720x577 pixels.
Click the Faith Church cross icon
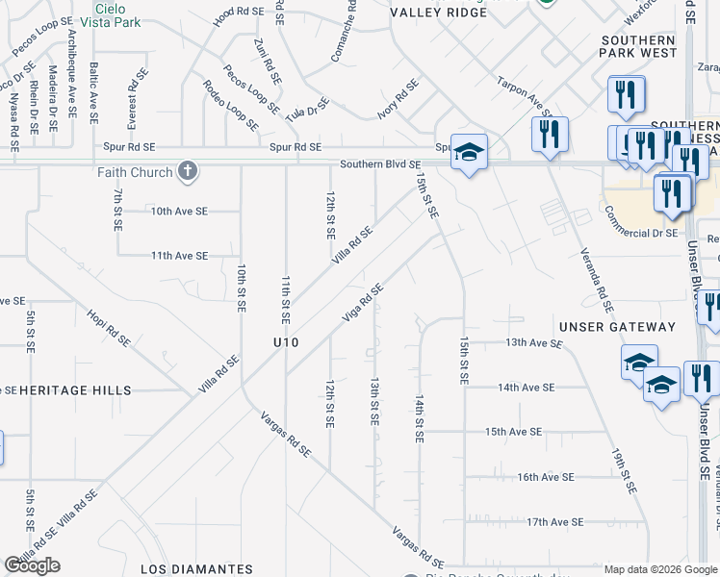click(x=188, y=172)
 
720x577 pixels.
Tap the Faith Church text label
click(x=135, y=173)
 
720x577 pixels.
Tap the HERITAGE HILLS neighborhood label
click(x=67, y=389)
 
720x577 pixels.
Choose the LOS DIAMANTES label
click(x=196, y=568)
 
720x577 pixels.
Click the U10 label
click(x=286, y=342)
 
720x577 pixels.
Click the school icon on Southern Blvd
click(x=469, y=153)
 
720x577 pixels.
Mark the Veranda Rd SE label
click(x=597, y=280)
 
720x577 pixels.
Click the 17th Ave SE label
click(x=554, y=522)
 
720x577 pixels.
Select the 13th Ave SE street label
click(x=533, y=342)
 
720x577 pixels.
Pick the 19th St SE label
click(x=625, y=470)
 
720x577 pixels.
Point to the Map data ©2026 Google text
click(x=659, y=569)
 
